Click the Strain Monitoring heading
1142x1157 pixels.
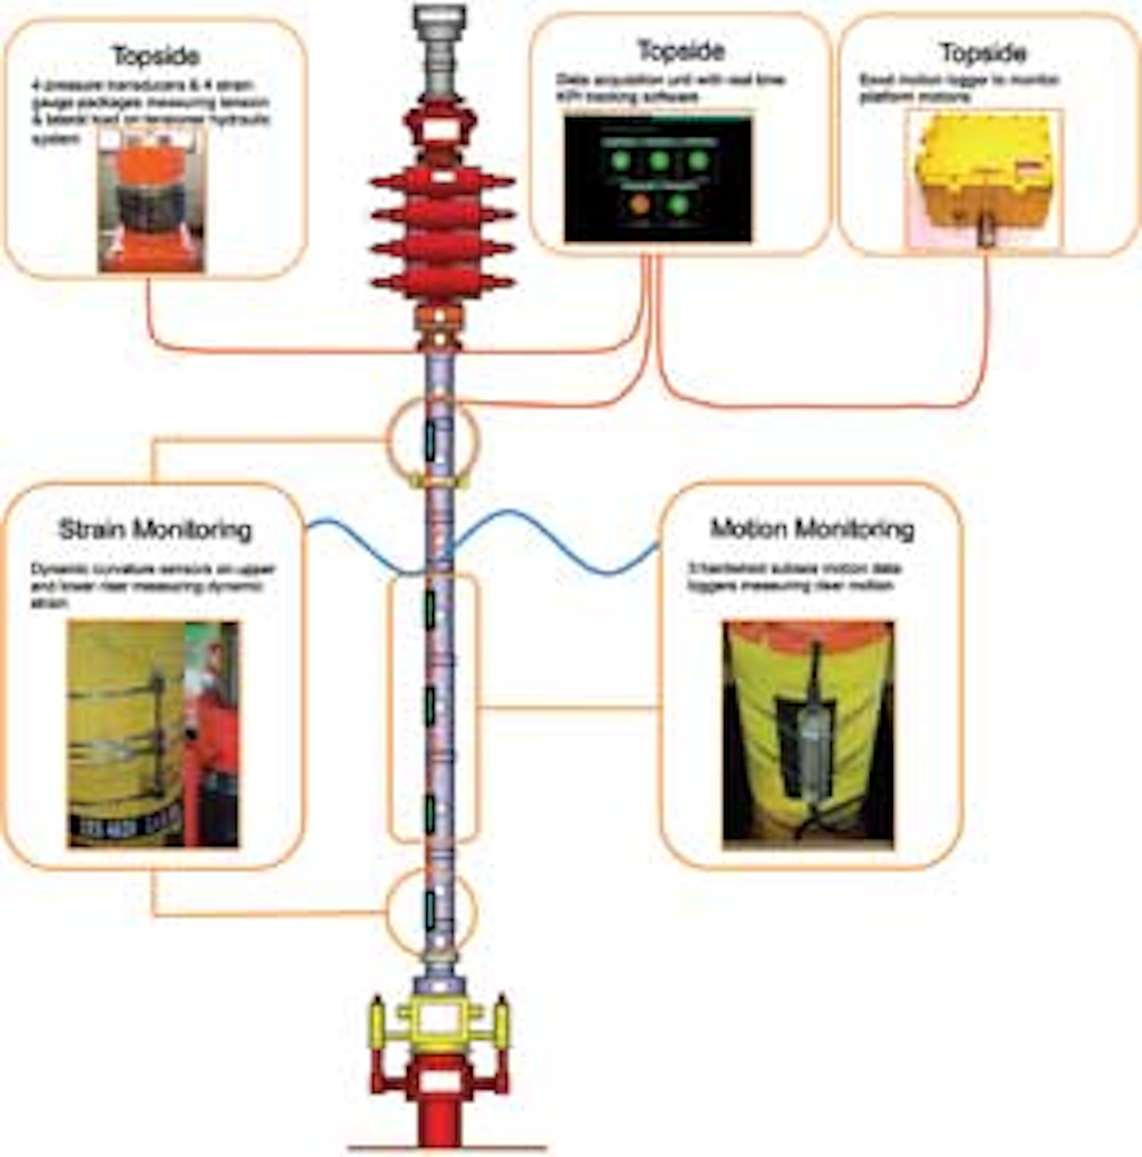click(155, 530)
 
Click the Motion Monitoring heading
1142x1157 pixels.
click(812, 529)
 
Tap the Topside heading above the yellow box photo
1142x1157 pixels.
click(983, 53)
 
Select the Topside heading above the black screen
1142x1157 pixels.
click(681, 51)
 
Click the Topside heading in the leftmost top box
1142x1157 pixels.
click(156, 56)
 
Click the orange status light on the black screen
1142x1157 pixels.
click(639, 204)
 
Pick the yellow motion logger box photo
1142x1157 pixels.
click(984, 178)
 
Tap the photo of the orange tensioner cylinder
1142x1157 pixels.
click(151, 200)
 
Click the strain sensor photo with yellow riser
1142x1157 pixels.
click(152, 734)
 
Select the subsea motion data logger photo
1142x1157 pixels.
click(807, 734)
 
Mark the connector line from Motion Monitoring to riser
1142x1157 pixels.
click(569, 707)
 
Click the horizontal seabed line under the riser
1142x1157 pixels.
click(448, 1147)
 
